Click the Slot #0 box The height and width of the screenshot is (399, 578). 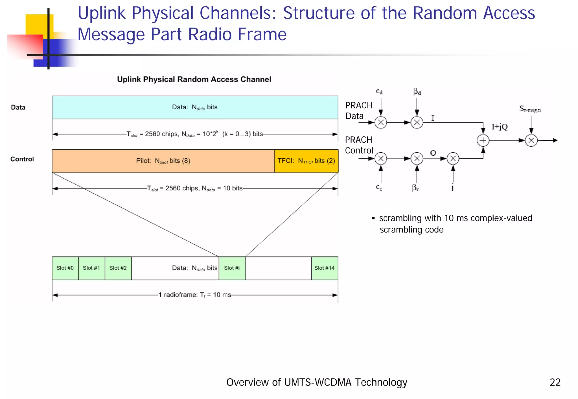pyautogui.click(x=65, y=268)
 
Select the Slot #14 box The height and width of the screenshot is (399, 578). pyautogui.click(x=325, y=268)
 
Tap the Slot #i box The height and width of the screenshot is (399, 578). pyautogui.click(x=232, y=268)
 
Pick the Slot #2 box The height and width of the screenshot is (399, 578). pyautogui.click(x=118, y=268)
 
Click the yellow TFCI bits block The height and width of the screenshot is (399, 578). pyautogui.click(x=306, y=161)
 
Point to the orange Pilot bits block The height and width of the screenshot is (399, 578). pyautogui.click(x=163, y=161)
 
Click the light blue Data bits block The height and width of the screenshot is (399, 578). pyautogui.click(x=195, y=107)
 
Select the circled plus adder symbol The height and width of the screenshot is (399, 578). pyautogui.click(x=483, y=140)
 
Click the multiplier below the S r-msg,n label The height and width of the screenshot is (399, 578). pyautogui.click(x=531, y=140)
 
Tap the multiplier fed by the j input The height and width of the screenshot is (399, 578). pyautogui.click(x=453, y=159)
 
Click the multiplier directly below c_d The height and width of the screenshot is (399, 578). pyautogui.click(x=381, y=123)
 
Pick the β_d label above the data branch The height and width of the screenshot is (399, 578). pyautogui.click(x=417, y=92)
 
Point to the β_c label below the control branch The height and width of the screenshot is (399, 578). pyautogui.click(x=415, y=188)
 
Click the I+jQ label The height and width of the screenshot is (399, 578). pyautogui.click(x=499, y=127)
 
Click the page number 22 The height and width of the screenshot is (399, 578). pyautogui.click(x=555, y=382)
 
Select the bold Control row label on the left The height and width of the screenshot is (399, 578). pyautogui.click(x=22, y=159)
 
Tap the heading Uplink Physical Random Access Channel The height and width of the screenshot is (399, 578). pyautogui.click(x=194, y=79)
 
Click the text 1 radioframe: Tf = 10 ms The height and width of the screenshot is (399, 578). pyautogui.click(x=195, y=295)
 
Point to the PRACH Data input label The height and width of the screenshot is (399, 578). pyautogui.click(x=358, y=110)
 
